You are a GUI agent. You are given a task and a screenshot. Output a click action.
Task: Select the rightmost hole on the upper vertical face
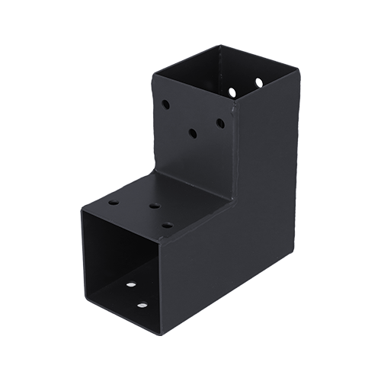click(x=219, y=122)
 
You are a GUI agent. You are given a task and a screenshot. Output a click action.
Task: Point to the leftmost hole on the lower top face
click(x=113, y=204)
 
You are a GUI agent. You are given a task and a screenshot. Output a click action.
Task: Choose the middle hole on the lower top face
click(x=153, y=207)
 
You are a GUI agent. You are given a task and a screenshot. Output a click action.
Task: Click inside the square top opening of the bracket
click(x=221, y=72)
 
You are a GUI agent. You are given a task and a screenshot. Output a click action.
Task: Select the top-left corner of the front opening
click(x=82, y=212)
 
